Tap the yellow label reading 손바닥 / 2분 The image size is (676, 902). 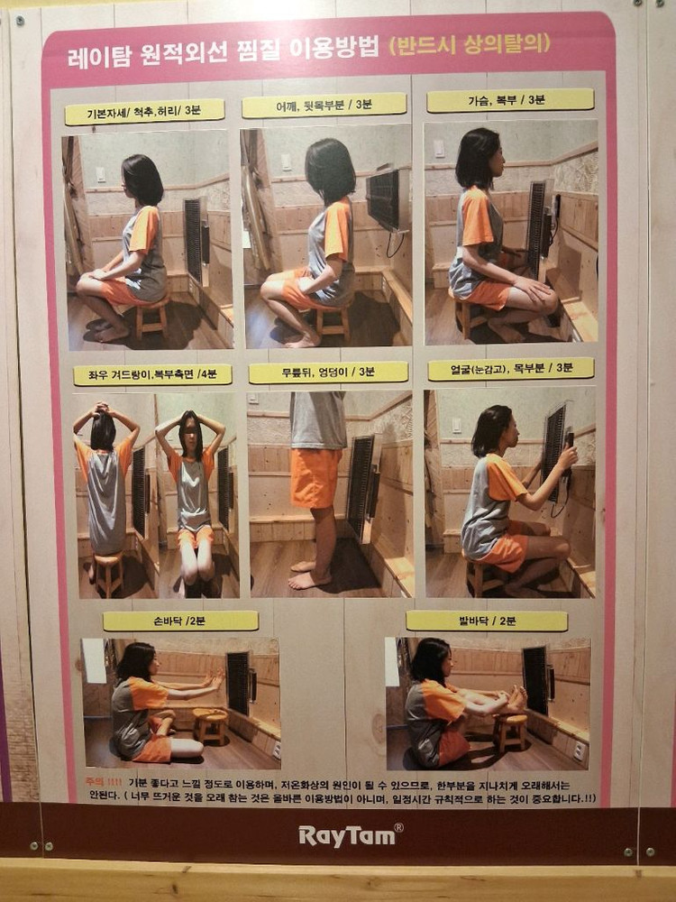coord(180,621)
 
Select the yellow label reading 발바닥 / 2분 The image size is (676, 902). coord(487,621)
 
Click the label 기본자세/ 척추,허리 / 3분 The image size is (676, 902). coord(144,112)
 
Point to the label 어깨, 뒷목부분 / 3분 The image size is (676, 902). coord(324,106)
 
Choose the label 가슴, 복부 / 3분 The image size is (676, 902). coord(510,100)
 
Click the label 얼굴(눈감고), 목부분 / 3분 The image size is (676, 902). coord(511,369)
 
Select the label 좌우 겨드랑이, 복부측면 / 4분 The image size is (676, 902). coord(152,374)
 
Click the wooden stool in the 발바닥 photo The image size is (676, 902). coord(510,730)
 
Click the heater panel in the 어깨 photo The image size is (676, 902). coord(383,199)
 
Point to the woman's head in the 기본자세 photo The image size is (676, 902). coord(142,179)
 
